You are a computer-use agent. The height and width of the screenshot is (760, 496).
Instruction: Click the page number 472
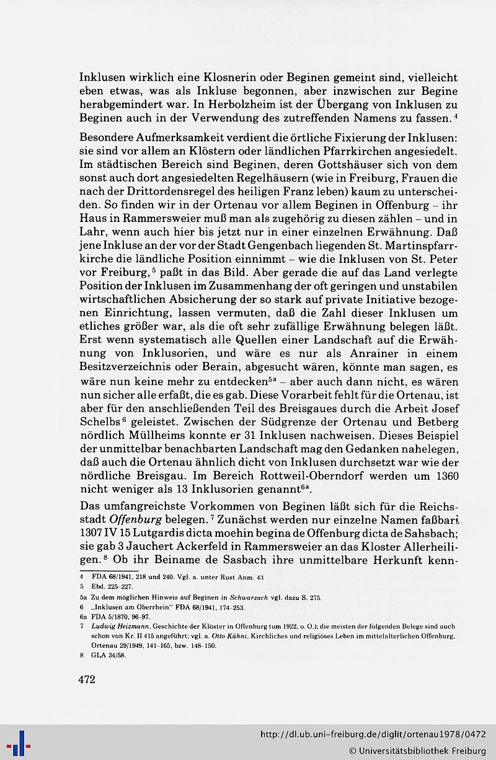87,680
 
